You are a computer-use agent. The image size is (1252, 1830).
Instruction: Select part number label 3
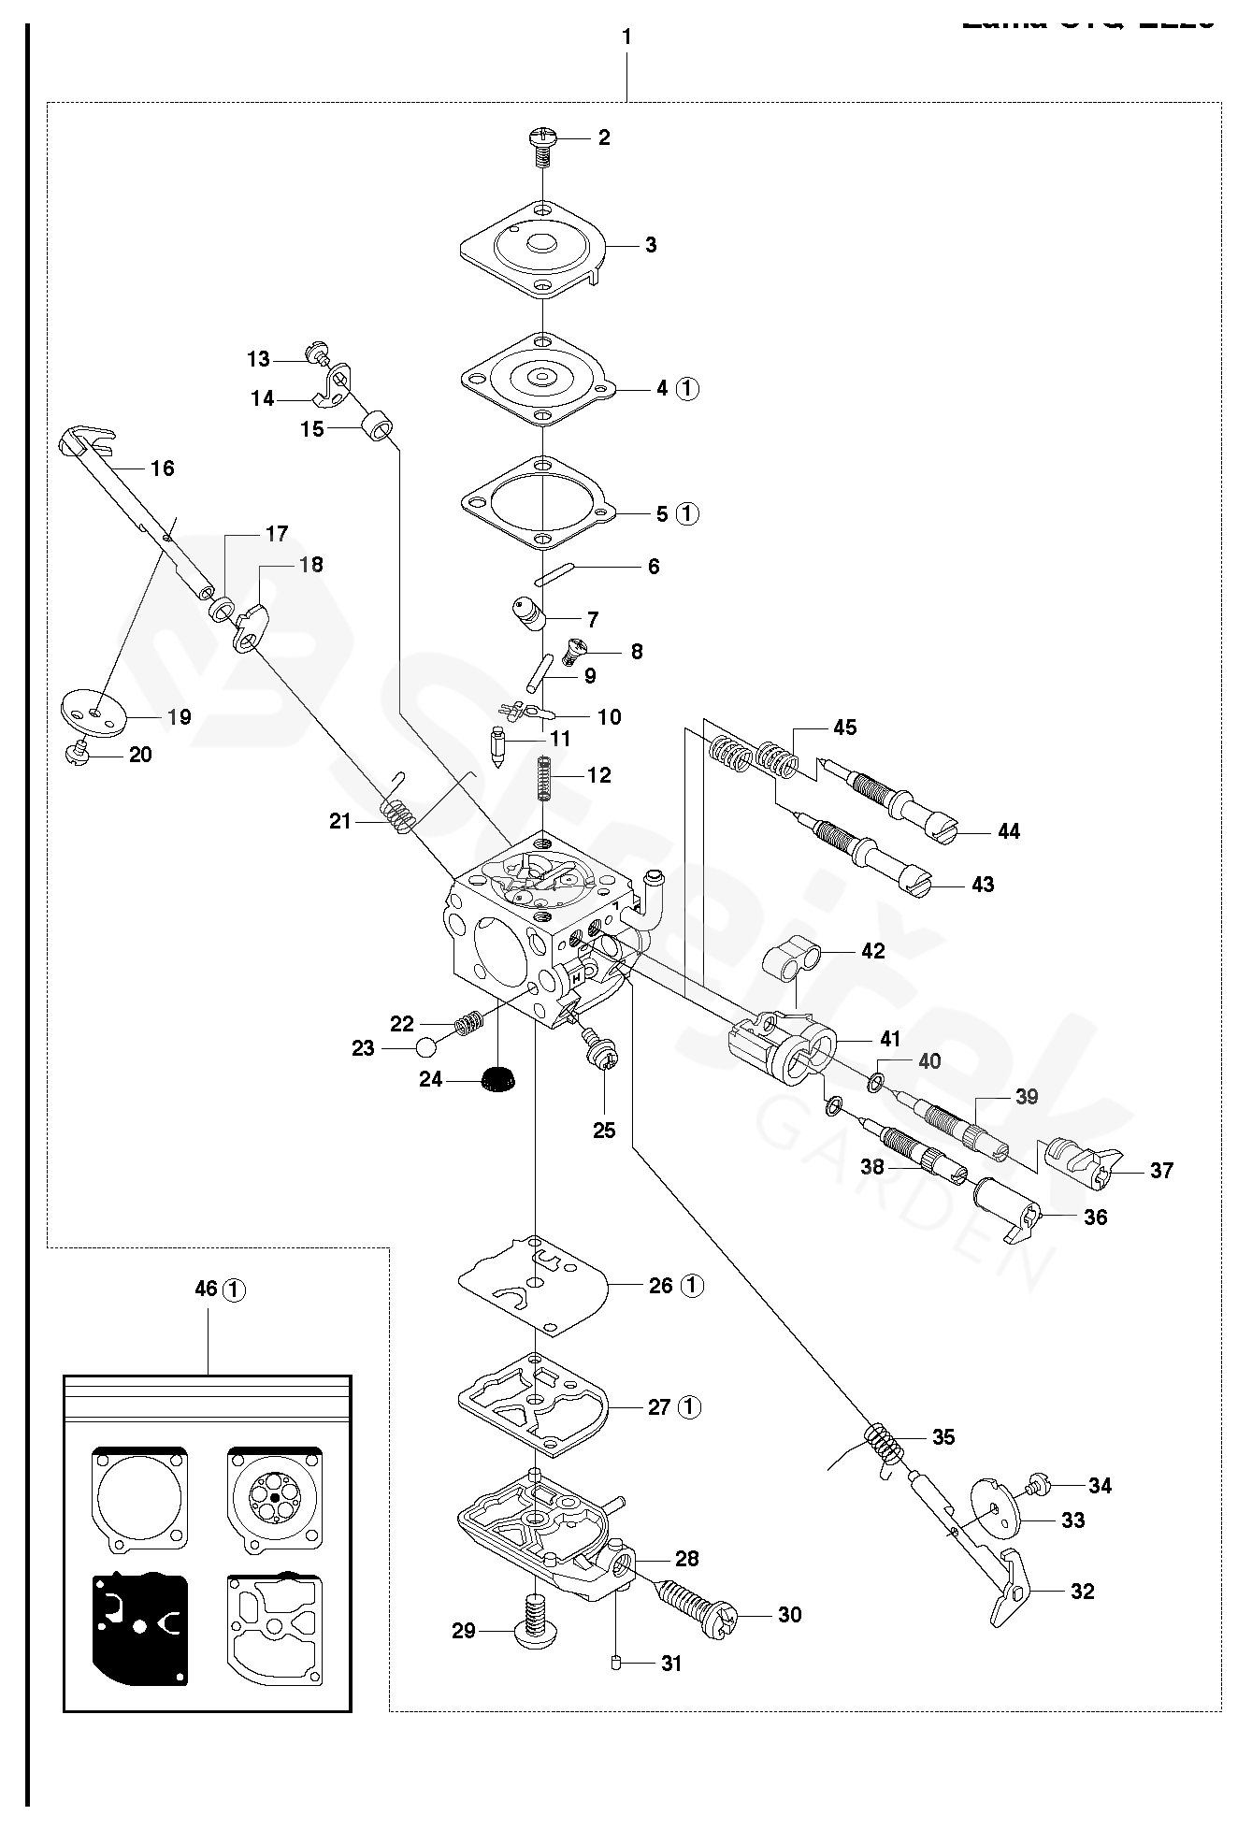pos(651,245)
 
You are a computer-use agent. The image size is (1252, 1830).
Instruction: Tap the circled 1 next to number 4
pos(687,388)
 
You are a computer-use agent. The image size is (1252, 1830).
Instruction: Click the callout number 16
pos(163,468)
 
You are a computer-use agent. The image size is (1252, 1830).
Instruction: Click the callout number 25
pos(604,1130)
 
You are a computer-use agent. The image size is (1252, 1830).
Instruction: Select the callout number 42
pos(872,951)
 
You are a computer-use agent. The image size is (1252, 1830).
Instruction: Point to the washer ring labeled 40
pos(875,1083)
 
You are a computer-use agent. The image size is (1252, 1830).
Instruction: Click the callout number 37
pos(1161,1170)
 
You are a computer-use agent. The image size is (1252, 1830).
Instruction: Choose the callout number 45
pos(844,728)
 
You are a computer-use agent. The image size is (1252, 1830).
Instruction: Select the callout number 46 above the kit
pos(207,1289)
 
